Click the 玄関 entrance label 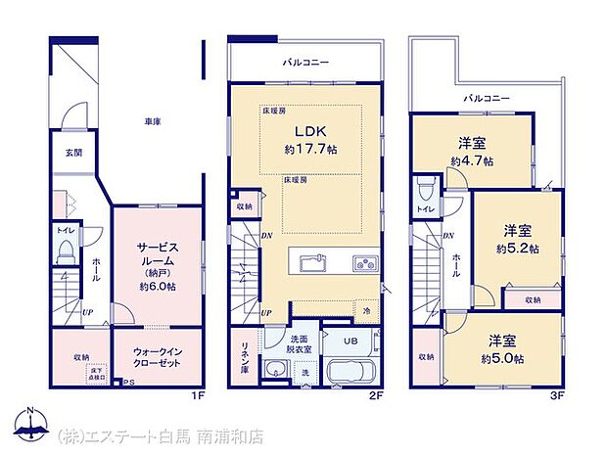coord(74,153)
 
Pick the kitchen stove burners coord(364,262)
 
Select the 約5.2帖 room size coord(516,249)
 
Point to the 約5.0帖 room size coord(501,359)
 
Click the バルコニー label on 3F coord(487,99)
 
